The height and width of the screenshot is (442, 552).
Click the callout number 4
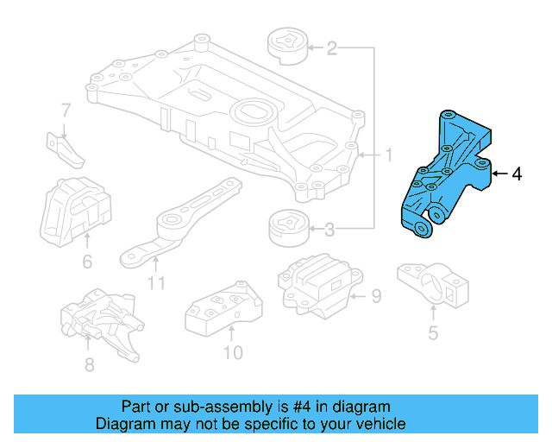click(517, 174)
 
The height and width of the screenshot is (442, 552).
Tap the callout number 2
click(331, 48)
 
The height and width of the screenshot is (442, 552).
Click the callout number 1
click(388, 156)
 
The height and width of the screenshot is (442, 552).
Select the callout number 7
click(65, 110)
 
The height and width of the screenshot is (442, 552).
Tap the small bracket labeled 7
click(66, 148)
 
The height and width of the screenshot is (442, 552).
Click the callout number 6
click(87, 262)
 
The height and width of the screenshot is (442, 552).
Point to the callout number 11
click(155, 282)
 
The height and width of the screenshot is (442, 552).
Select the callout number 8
click(89, 364)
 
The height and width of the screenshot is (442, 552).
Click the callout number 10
click(232, 351)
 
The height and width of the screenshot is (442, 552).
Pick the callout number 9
click(375, 297)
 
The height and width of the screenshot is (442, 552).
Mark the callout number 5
click(433, 331)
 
